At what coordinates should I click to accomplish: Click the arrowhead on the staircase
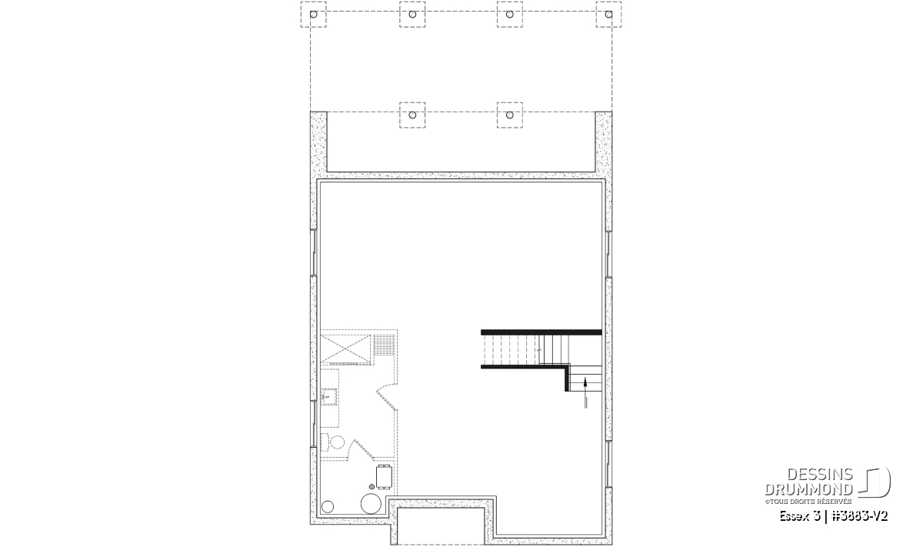tap(585, 382)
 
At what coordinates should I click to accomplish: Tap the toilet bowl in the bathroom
tap(338, 442)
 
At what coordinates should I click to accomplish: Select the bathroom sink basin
tap(329, 397)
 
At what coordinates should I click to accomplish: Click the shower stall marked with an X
tap(345, 349)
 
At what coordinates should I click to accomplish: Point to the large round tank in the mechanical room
tap(371, 503)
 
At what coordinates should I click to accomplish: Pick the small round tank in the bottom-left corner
tap(328, 506)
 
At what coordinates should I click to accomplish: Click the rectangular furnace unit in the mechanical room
tap(384, 476)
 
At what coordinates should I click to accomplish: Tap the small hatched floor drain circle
tap(372, 487)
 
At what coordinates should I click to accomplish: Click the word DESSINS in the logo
tap(820, 475)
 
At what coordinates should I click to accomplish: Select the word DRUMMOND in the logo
tap(808, 489)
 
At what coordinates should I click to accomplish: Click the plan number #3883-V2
tap(859, 516)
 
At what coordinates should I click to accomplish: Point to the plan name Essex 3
tap(799, 516)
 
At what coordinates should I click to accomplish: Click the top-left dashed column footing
tap(313, 15)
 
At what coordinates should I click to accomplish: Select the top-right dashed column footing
tap(608, 15)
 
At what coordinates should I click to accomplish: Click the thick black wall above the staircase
tap(541, 332)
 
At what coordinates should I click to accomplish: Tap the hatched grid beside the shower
tap(384, 345)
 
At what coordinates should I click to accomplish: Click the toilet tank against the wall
tap(325, 442)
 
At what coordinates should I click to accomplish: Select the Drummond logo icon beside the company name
tap(875, 482)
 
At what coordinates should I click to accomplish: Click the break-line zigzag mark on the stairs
tap(539, 349)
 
